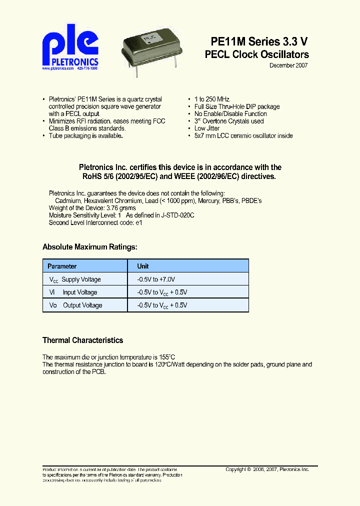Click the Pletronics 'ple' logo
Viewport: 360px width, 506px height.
pyautogui.click(x=70, y=47)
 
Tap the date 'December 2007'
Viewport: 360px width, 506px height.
pyautogui.click(x=288, y=65)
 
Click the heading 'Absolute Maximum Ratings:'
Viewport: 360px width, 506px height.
pyautogui.click(x=89, y=247)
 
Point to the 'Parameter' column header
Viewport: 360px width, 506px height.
pyautogui.click(x=62, y=266)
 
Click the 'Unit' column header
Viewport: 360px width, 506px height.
pyautogui.click(x=143, y=266)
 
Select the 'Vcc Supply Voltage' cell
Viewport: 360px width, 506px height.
pyautogui.click(x=75, y=279)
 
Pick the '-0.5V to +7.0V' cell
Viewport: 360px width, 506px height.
pyautogui.click(x=156, y=279)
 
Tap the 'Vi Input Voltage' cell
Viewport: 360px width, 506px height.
pyautogui.click(x=73, y=292)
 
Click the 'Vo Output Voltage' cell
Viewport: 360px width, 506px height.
pyautogui.click(x=75, y=305)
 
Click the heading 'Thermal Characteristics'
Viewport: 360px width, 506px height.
pyautogui.click(x=82, y=340)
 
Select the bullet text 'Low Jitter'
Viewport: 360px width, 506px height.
pyautogui.click(x=207, y=128)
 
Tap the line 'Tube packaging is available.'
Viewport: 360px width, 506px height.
pyautogui.click(x=85, y=136)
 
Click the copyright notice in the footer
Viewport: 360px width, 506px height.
pyautogui.click(x=267, y=470)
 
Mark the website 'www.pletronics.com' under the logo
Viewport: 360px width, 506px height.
pyautogui.click(x=58, y=68)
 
